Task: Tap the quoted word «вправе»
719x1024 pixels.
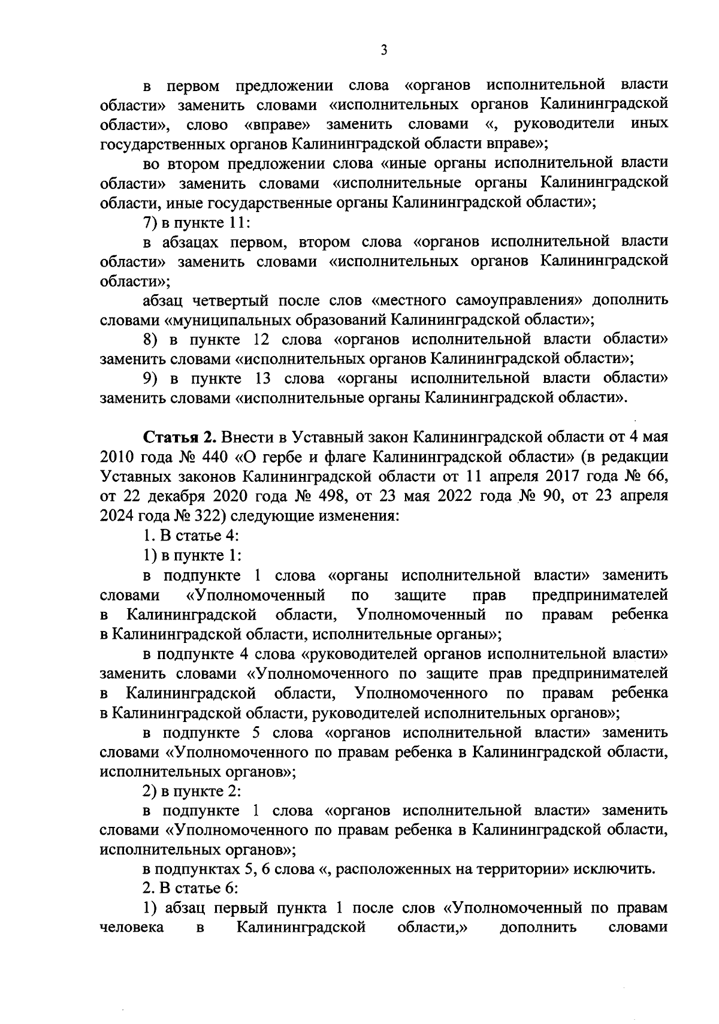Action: tap(278, 125)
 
